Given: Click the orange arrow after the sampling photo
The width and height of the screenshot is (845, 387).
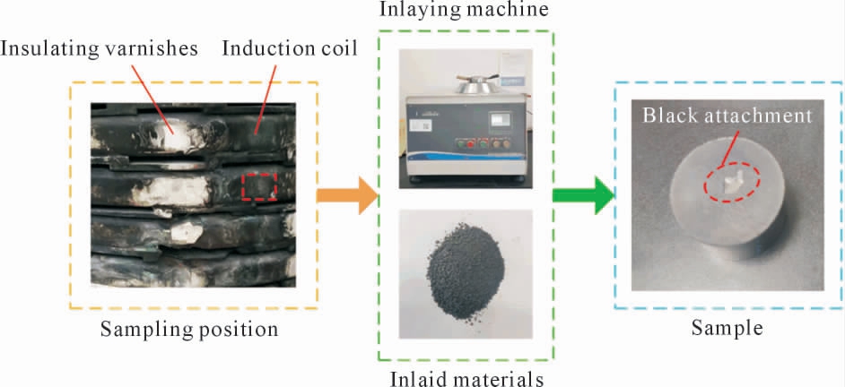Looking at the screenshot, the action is point(346,196).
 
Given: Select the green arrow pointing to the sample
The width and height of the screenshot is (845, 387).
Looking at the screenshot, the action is point(584,195).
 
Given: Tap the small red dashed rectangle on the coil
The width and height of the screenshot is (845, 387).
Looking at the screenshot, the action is point(259,186).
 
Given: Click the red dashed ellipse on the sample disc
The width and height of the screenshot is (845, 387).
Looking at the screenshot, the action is point(732,183).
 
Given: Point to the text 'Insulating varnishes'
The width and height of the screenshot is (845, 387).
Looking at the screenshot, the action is point(100,49).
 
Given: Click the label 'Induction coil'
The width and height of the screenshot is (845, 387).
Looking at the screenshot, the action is point(290,49).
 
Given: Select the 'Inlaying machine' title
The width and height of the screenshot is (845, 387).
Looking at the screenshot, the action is point(464,9).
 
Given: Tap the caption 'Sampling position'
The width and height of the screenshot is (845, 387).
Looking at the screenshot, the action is point(189,329).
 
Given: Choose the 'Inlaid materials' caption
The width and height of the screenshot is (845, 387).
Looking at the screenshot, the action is point(466,379).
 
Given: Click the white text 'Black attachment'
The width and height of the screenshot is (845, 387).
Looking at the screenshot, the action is point(727,116).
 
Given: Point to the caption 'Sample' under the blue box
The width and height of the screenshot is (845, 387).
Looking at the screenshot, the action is point(727,327).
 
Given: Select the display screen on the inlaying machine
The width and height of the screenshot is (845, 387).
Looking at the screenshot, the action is point(499,120).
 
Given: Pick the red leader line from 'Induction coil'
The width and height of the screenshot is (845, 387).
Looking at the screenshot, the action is point(266,99).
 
